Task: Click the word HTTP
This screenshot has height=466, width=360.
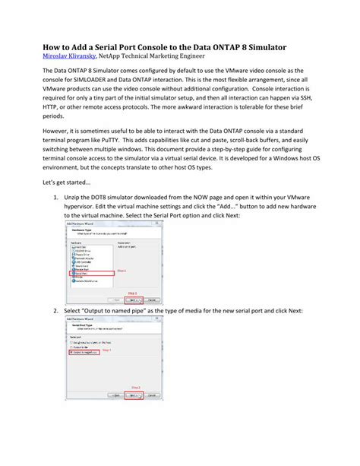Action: [x=53, y=117]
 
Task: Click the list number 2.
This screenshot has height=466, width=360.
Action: [x=55, y=311]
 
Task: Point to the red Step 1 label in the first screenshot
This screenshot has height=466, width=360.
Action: [x=122, y=271]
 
